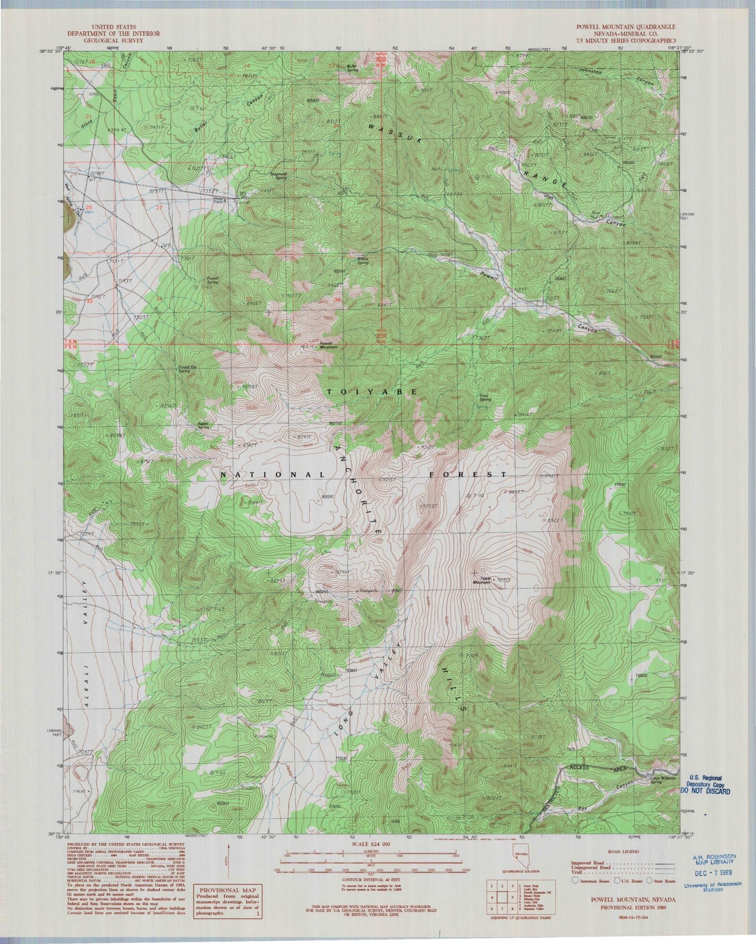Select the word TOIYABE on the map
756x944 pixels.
point(372,391)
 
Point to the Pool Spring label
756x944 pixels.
point(485,397)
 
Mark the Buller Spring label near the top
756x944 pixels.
point(352,68)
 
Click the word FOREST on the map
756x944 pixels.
point(468,475)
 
